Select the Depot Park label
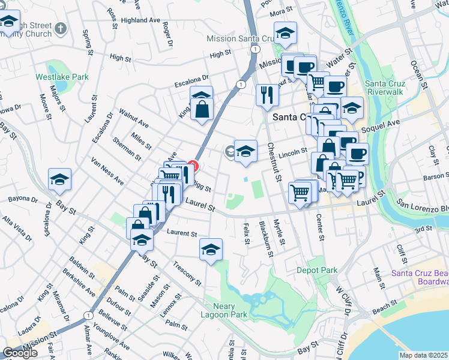[316, 270]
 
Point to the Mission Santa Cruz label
[239, 38]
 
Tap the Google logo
[20, 353]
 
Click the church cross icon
[60, 28]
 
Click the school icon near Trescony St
[211, 249]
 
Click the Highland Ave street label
[140, 20]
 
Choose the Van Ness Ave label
[107, 172]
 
